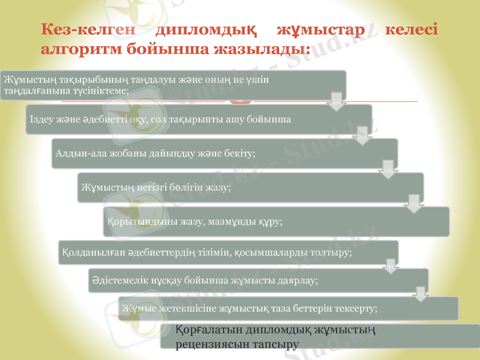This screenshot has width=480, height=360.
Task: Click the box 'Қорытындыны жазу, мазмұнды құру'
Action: tap(276, 221)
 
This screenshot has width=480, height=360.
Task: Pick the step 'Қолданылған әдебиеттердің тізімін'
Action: tap(228, 252)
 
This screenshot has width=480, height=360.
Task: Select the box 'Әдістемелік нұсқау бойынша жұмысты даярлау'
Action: tap(258, 280)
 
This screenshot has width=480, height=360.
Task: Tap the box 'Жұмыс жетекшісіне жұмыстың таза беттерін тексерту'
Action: tap(288, 308)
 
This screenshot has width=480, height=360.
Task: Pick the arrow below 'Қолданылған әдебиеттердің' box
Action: tap(390, 266)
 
